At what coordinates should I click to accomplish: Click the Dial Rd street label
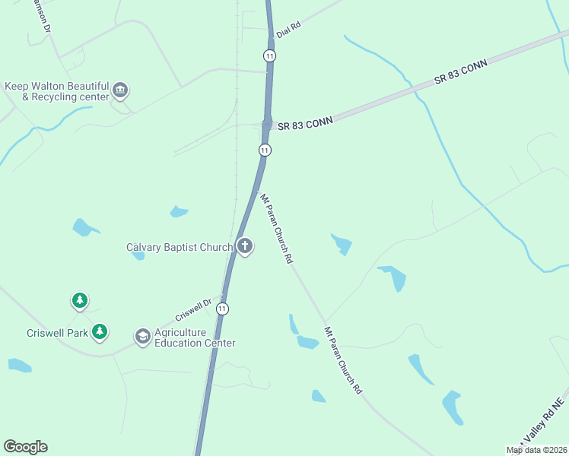click(289, 25)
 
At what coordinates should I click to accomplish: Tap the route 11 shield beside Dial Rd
click(270, 55)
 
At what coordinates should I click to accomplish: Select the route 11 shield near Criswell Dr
click(221, 309)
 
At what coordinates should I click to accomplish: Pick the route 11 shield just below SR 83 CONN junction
click(264, 150)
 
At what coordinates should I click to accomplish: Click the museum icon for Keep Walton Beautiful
click(120, 91)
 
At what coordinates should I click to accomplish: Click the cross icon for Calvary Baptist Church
click(244, 247)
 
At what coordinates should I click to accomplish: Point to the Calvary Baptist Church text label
click(179, 247)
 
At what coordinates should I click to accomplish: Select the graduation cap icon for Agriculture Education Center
click(142, 336)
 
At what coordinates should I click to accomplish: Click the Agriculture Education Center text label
click(195, 337)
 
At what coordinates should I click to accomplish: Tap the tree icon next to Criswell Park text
click(100, 331)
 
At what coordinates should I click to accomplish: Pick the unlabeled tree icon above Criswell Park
click(79, 300)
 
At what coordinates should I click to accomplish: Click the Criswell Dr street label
click(192, 309)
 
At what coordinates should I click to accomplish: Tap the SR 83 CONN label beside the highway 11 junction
click(305, 125)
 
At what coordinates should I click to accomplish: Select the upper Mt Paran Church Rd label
click(277, 228)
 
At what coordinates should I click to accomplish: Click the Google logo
click(25, 446)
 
